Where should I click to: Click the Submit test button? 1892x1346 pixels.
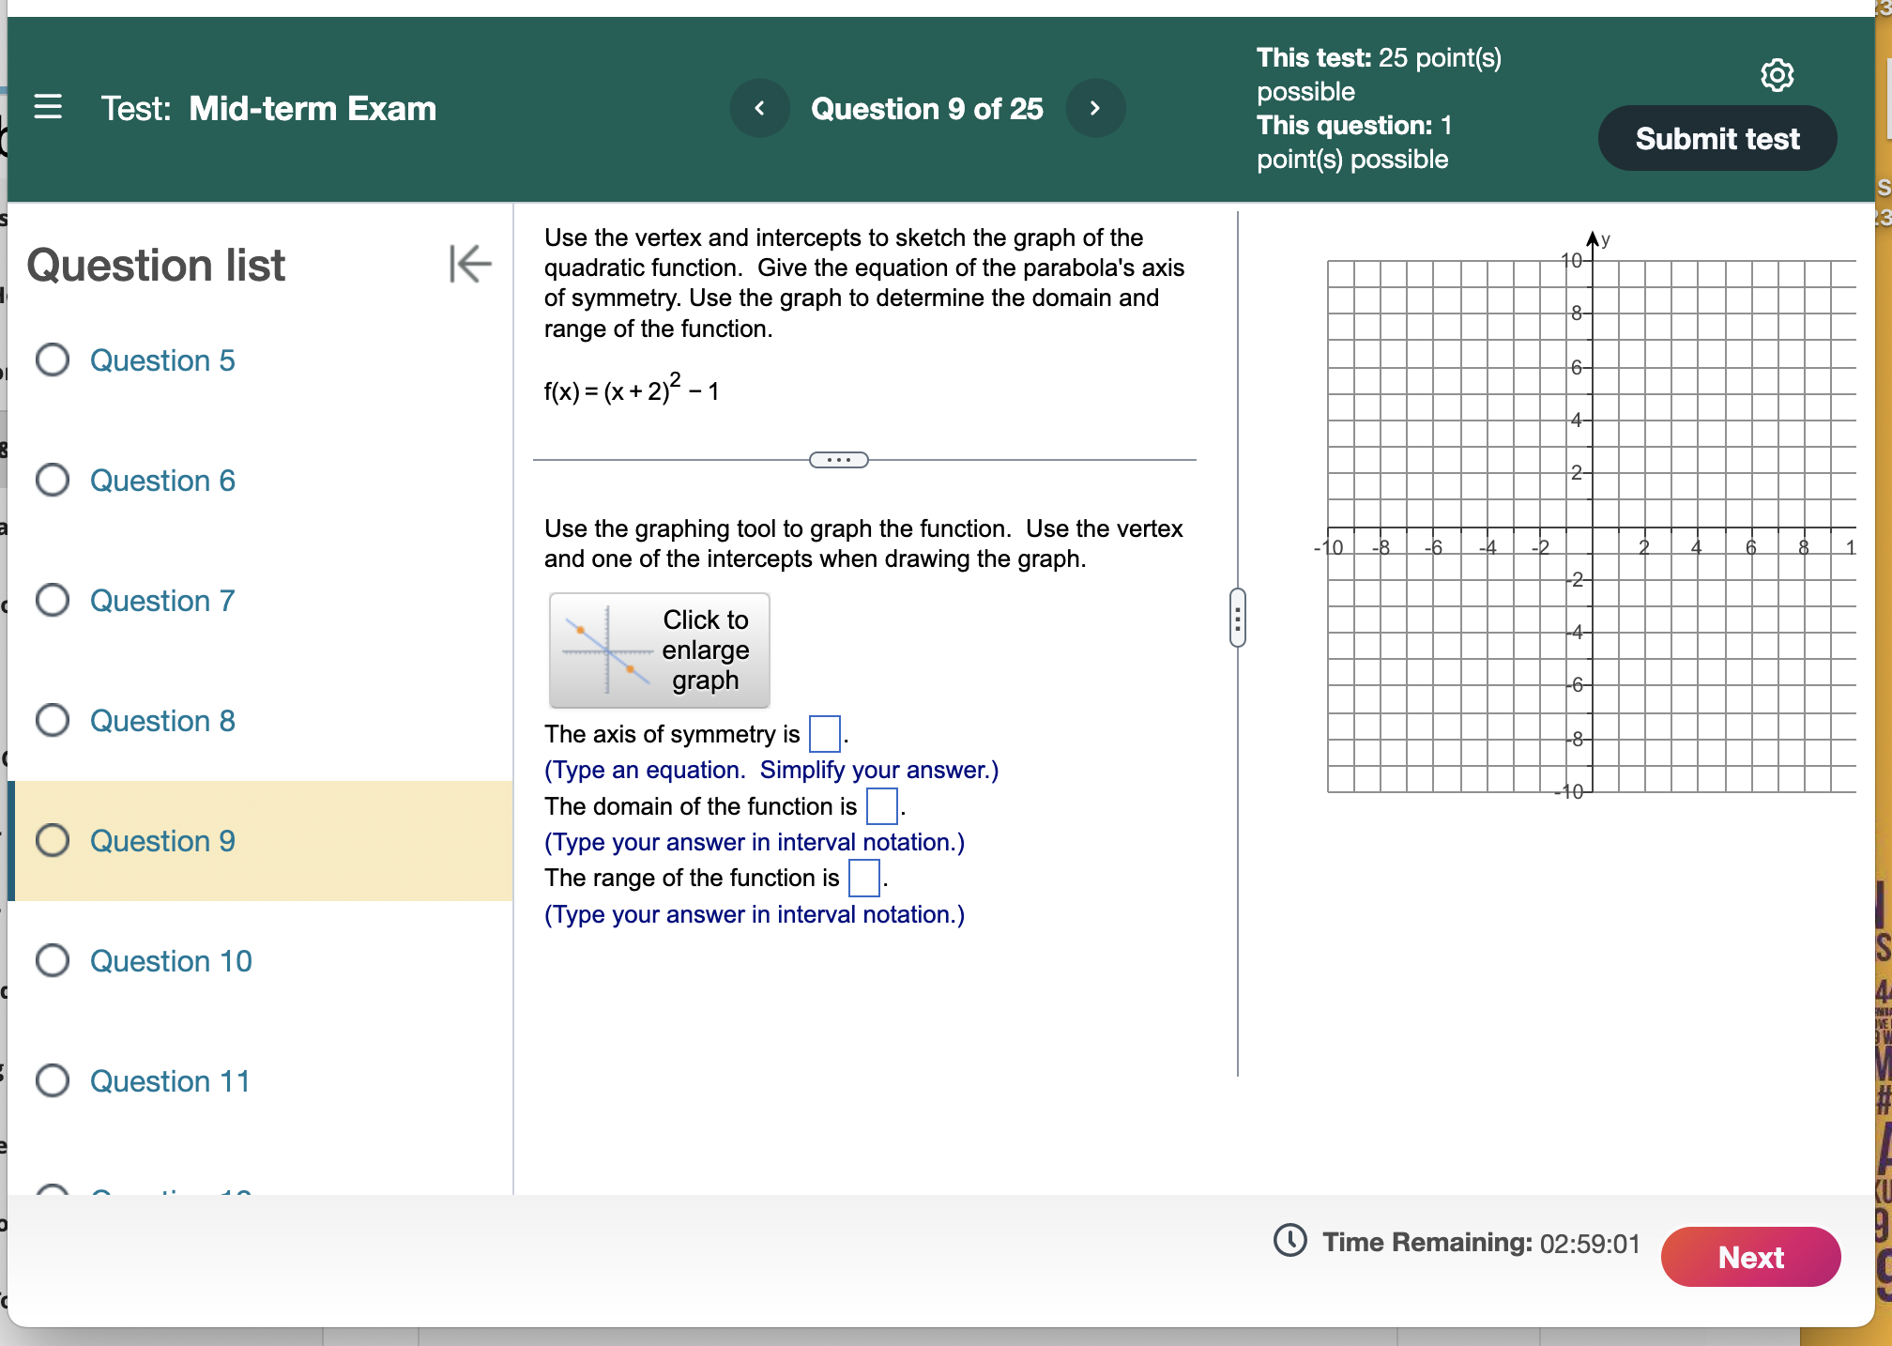1717,139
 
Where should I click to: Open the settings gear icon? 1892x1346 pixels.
1777,75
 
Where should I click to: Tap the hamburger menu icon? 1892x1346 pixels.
48,107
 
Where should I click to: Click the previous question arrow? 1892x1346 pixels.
759,109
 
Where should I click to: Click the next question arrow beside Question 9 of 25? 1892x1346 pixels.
1094,109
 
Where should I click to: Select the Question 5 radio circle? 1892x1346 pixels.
53,359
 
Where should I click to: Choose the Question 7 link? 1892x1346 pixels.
162,601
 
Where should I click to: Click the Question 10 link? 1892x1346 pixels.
171,961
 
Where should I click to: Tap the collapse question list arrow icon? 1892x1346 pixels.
470,264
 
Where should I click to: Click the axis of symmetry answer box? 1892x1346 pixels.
824,734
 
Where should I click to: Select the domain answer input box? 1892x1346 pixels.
881,806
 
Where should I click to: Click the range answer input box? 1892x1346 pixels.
863,879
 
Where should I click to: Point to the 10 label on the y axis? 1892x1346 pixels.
1571,260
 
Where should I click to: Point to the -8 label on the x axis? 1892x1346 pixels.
1381,547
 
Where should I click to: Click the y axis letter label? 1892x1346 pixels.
1606,239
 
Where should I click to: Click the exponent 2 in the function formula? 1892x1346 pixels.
676,379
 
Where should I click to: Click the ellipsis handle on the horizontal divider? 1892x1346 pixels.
838,460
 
